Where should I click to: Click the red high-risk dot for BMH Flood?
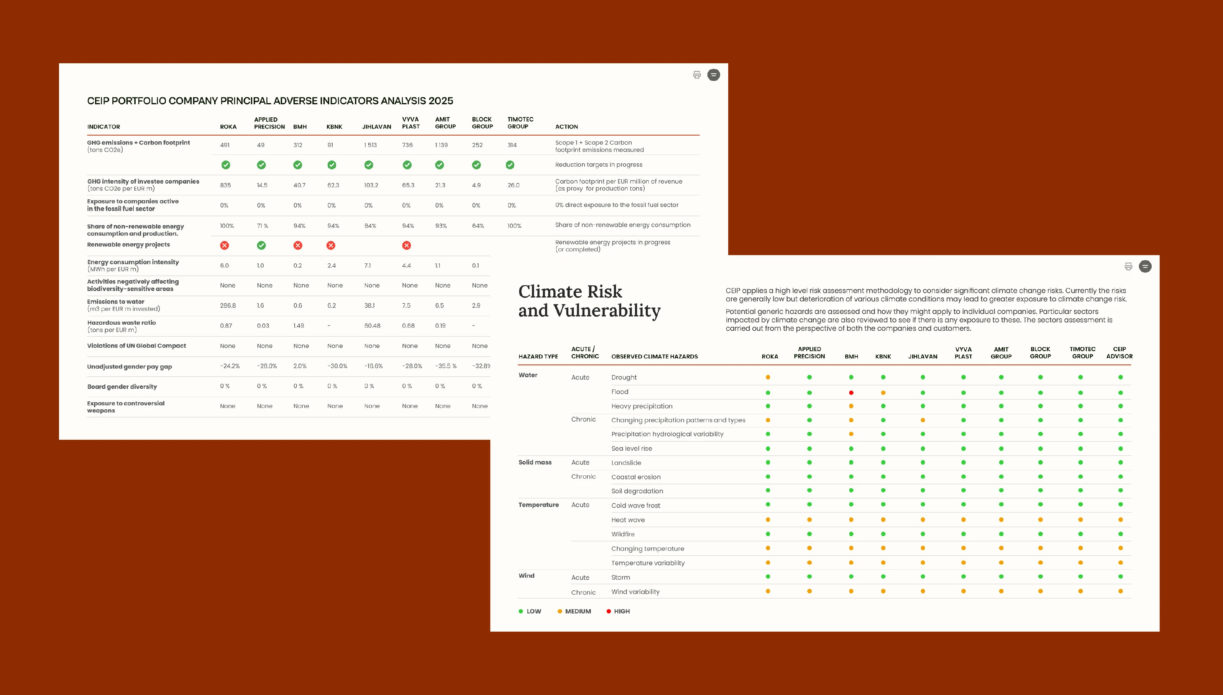point(851,393)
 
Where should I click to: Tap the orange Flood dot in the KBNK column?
point(883,393)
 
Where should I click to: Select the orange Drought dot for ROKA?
point(768,377)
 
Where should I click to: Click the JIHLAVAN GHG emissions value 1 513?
point(370,145)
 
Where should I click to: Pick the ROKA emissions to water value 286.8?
point(228,306)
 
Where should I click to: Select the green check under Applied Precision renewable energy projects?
point(261,245)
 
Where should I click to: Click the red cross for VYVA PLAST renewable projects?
point(407,245)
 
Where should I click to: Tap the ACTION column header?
point(566,127)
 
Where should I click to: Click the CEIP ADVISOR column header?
point(1120,353)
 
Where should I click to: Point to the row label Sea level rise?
point(631,448)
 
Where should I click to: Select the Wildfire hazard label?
point(623,534)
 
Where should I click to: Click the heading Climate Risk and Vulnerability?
point(589,301)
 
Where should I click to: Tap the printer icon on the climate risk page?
point(1128,266)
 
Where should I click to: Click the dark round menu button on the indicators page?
point(713,74)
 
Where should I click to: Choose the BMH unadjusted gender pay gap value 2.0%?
point(300,366)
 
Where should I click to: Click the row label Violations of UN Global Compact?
point(136,346)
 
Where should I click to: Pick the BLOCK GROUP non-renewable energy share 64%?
point(478,226)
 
